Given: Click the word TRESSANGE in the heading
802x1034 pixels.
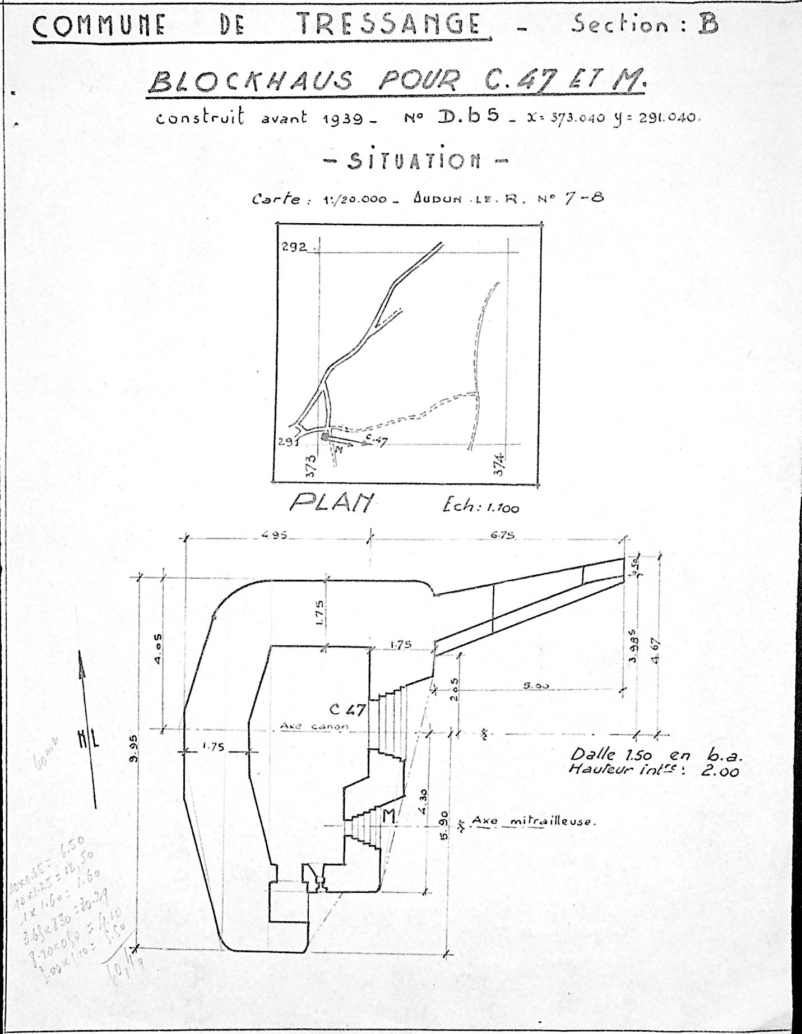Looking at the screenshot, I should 388,25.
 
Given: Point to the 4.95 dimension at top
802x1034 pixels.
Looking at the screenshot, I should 273,536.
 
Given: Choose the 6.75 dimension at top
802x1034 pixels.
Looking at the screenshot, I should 503,536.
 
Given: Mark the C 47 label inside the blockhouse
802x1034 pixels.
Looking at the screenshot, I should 347,710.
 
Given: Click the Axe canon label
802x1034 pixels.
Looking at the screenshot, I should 314,727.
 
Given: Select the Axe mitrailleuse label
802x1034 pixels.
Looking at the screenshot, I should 532,821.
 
